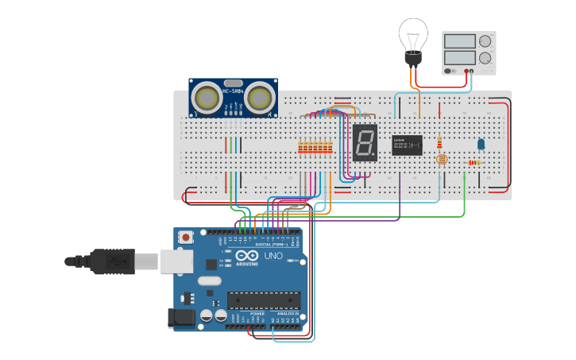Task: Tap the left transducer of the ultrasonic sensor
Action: pos(207,99)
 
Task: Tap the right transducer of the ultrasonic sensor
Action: pos(259,99)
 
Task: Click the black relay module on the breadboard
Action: pos(407,145)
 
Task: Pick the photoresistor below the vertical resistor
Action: pos(442,160)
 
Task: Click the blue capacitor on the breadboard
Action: pos(481,144)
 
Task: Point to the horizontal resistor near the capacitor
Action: pos(474,163)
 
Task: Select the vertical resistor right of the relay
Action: pos(439,142)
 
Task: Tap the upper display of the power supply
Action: pos(459,41)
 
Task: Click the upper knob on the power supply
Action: pos(484,41)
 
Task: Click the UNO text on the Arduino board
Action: pos(273,257)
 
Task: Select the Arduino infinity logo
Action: pos(247,257)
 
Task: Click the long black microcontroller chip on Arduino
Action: pos(264,300)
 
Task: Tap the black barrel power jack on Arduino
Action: pos(181,318)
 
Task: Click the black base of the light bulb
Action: pos(412,59)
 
